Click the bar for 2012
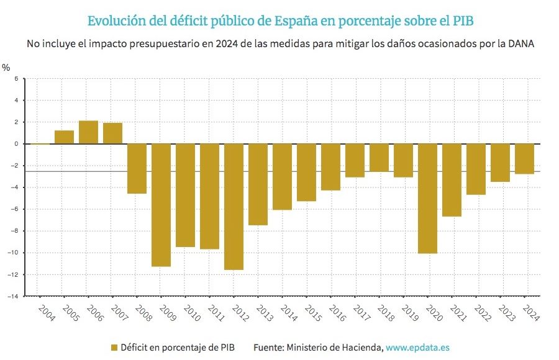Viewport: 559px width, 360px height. click(234, 206)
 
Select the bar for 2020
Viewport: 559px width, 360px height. click(427, 198)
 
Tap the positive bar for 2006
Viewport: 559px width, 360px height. click(88, 132)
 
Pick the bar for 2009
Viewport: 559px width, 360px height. click(161, 205)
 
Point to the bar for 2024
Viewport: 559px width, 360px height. click(524, 158)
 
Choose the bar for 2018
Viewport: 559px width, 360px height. click(379, 158)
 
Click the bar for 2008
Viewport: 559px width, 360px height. click(137, 168)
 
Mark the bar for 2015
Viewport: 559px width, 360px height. click(306, 172)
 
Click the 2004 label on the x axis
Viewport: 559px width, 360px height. click(45, 312)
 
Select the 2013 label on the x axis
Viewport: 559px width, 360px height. click(263, 312)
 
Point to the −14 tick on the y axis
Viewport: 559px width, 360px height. click(12, 296)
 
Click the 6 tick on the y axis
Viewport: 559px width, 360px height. click(17, 79)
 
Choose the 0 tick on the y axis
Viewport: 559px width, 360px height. click(17, 144)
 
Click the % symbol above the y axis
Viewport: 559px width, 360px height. click(6, 67)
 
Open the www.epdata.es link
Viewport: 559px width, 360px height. click(417, 348)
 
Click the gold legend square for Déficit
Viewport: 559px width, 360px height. click(114, 348)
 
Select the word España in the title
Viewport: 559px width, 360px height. click(296, 21)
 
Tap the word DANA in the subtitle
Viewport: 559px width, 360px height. click(520, 44)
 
